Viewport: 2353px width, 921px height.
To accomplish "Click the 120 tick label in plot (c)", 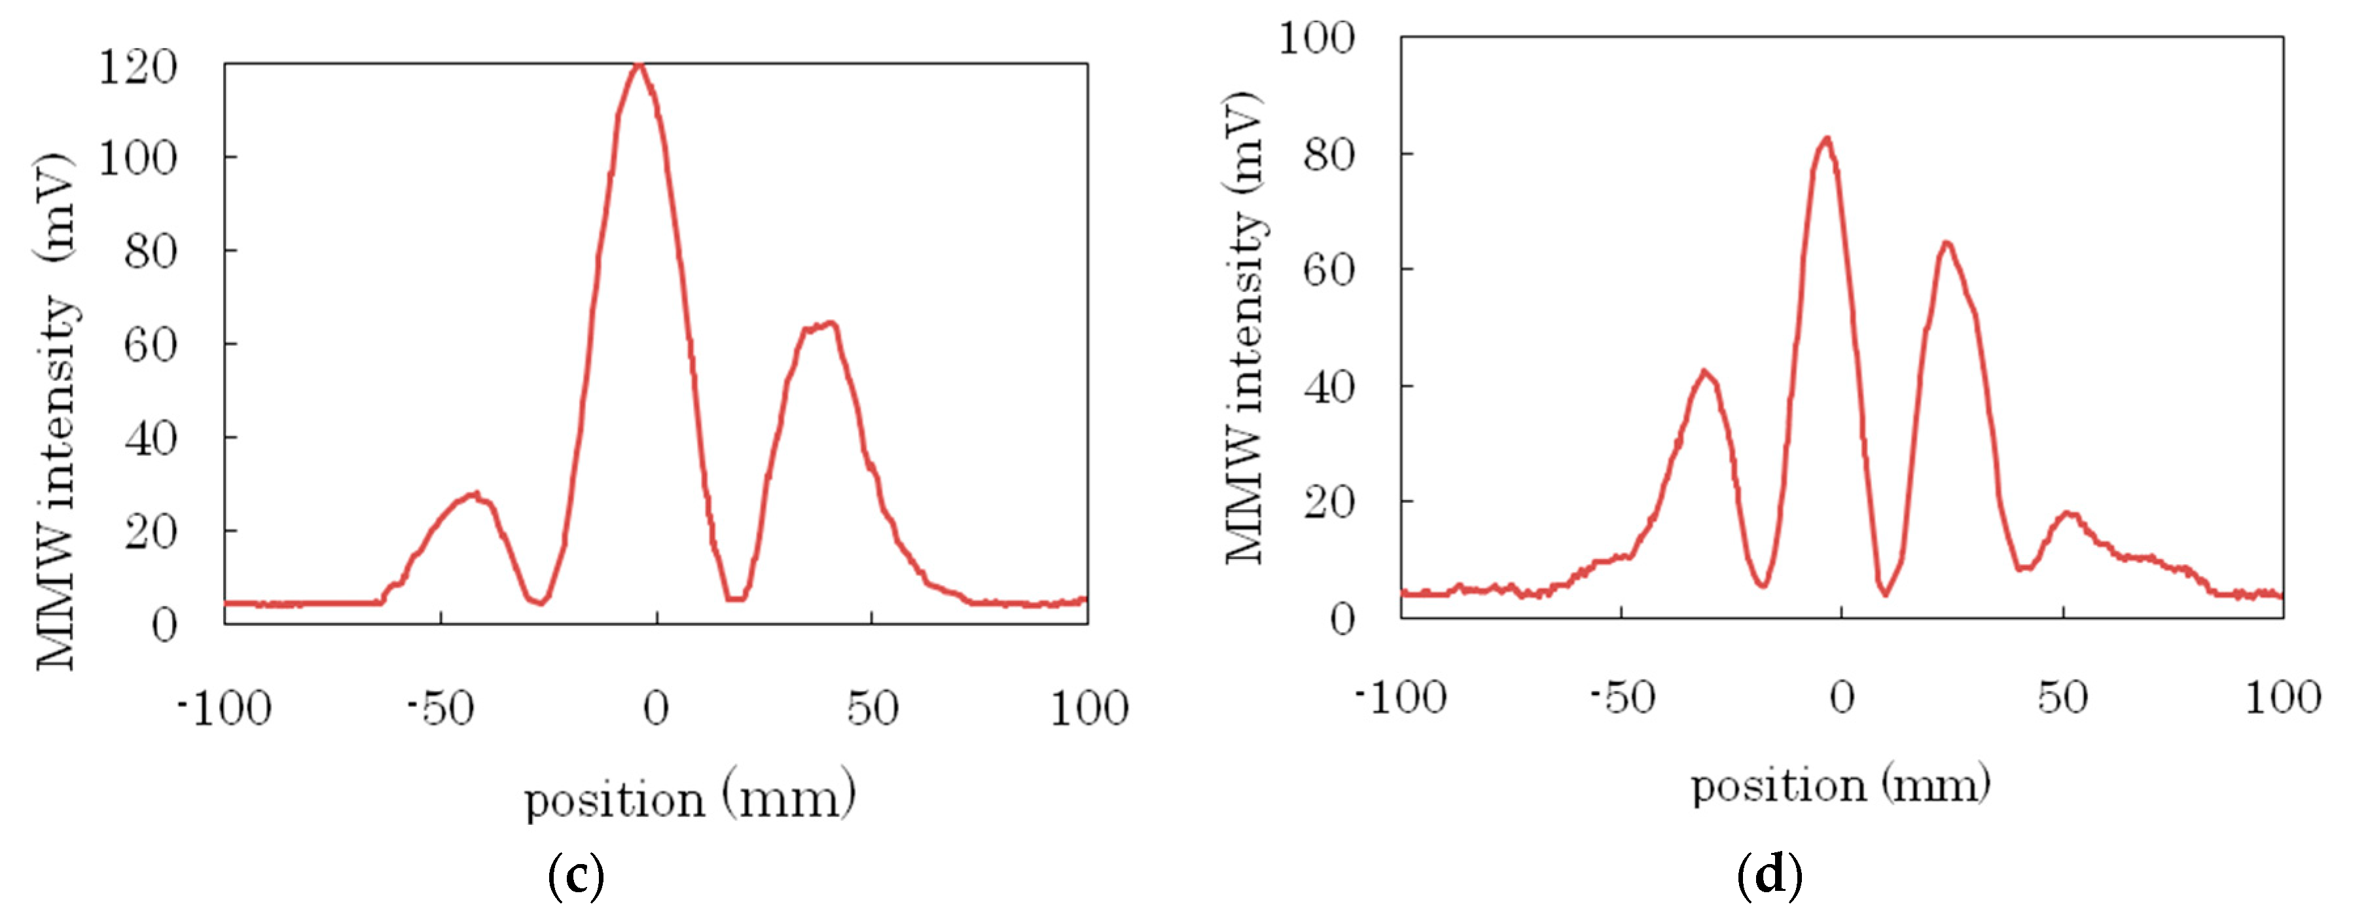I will click(x=137, y=69).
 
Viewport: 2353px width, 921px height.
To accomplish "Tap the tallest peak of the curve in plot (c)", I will click(x=639, y=65).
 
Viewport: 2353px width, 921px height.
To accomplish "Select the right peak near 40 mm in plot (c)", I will click(x=827, y=325).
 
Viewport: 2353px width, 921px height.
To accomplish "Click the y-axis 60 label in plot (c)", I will click(x=151, y=346).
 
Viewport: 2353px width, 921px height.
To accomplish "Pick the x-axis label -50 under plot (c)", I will click(x=441, y=708).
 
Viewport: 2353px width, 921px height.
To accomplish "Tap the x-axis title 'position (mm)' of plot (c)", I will click(x=690, y=799).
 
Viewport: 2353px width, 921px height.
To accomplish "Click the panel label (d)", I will click(x=1769, y=875).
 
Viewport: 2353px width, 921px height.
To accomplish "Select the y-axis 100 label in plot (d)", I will click(x=1316, y=39).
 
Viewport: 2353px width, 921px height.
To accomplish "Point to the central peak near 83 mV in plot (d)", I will click(x=1826, y=140).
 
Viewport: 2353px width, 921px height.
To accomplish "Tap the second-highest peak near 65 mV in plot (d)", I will click(x=1947, y=244).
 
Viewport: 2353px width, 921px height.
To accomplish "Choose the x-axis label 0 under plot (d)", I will click(x=1841, y=698).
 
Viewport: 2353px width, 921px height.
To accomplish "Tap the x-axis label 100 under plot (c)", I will click(x=1089, y=708).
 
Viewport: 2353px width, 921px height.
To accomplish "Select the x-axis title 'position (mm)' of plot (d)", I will click(x=1841, y=786).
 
